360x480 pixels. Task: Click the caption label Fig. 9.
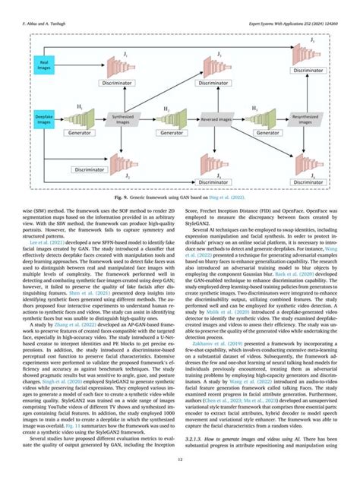(124, 197)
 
